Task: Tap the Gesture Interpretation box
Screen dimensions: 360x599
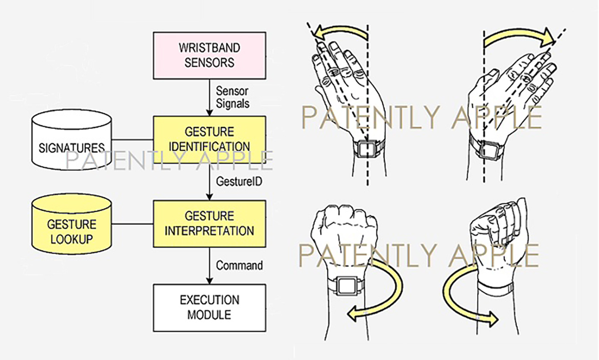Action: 209,224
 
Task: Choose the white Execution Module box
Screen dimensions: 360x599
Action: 209,308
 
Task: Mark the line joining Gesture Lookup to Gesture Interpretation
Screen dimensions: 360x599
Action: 132,223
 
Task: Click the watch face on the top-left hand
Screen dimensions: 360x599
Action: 367,148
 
